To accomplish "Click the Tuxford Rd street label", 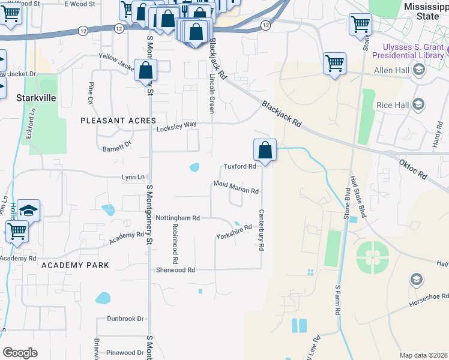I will point(240,167).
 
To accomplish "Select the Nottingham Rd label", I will point(178,218).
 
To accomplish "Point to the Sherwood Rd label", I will point(175,270).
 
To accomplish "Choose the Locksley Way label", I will point(176,125).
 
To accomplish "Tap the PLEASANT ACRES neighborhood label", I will point(118,121).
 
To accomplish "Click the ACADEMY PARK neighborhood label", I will point(75,265).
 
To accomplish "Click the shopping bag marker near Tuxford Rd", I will point(265,150).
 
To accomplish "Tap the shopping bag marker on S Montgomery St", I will point(145,71).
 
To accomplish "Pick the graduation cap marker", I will point(28,211).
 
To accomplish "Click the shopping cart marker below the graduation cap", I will point(17,231).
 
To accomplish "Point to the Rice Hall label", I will point(393,105).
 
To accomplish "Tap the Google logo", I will point(20,352).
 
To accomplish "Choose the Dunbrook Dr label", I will point(125,319).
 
